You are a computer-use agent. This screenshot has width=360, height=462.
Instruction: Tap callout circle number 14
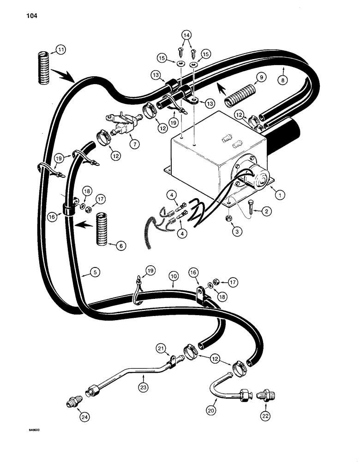(x=186, y=35)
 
